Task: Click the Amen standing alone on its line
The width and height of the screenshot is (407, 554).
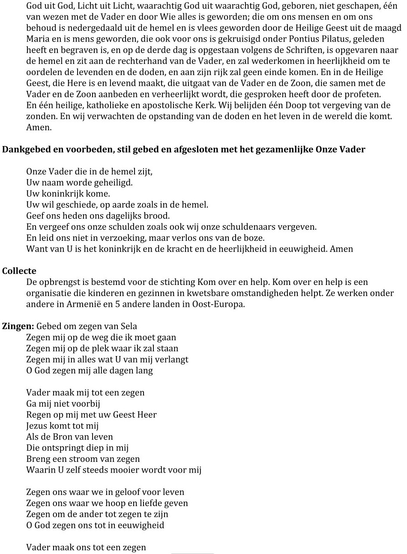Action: pos(38,128)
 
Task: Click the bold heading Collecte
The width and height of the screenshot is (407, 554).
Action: pos(19,271)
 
